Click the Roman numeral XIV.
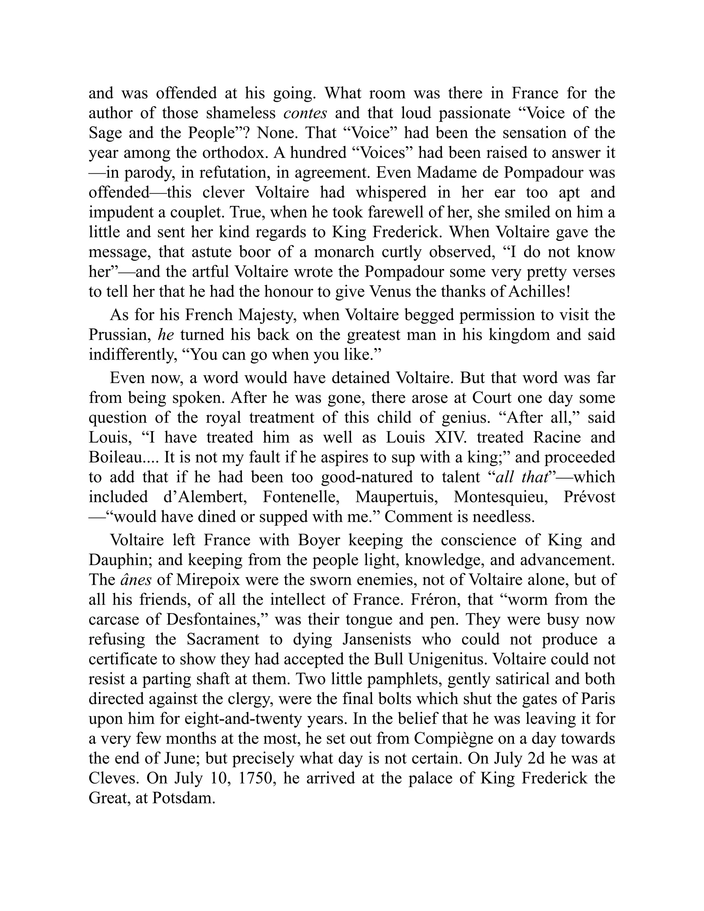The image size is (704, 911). [446, 438]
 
